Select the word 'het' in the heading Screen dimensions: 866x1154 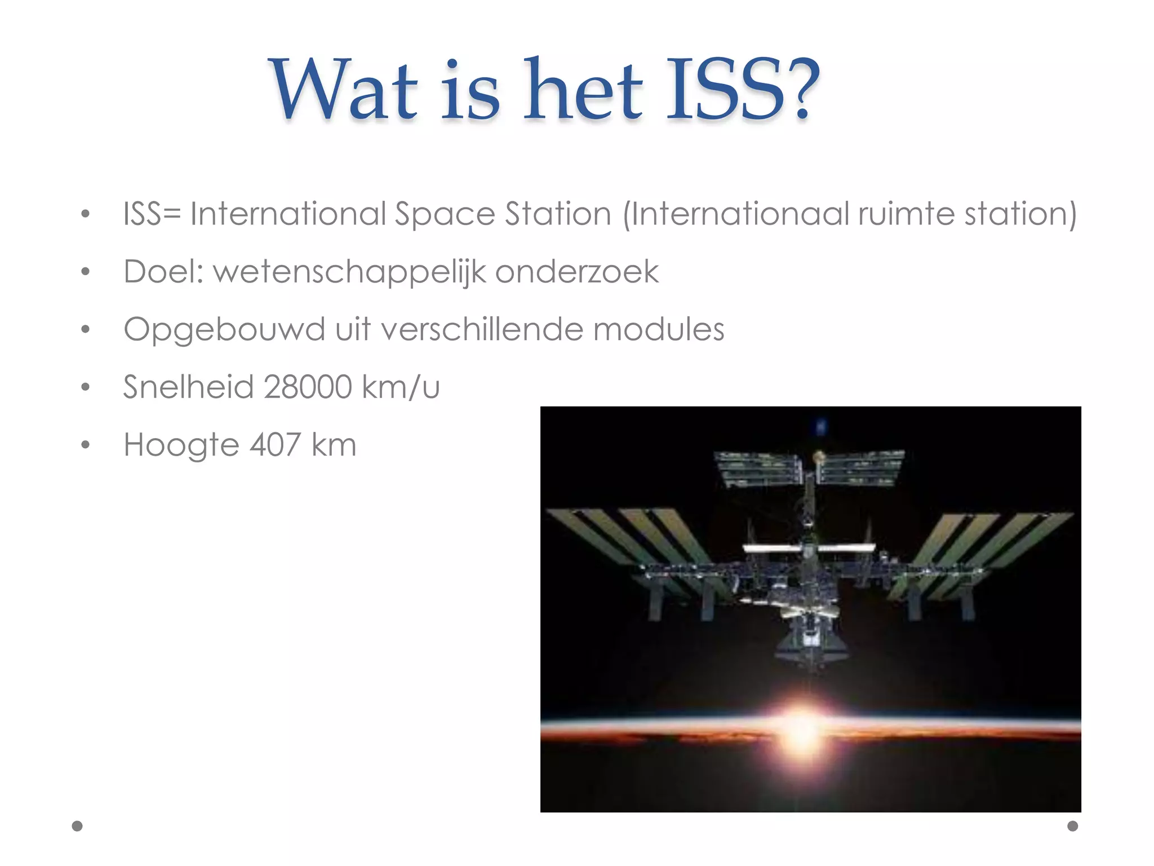pyautogui.click(x=583, y=90)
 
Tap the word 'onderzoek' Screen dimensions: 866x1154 pyautogui.click(x=577, y=272)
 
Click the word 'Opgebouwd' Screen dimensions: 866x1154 pyautogui.click(x=224, y=330)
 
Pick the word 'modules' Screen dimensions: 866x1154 pyautogui.click(x=659, y=329)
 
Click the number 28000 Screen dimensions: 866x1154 pyautogui.click(x=308, y=387)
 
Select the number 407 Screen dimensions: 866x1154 pyautogui.click(x=275, y=445)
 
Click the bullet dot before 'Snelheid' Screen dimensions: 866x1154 pyautogui.click(x=85, y=387)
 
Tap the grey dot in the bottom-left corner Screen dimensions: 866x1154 pyautogui.click(x=77, y=826)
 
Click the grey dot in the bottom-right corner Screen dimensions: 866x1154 pyautogui.click(x=1073, y=826)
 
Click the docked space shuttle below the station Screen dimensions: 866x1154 pyautogui.click(x=811, y=643)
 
